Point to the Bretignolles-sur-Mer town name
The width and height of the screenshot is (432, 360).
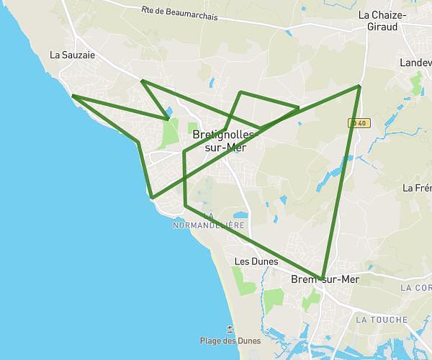[224, 140]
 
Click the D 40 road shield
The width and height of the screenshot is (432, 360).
[358, 123]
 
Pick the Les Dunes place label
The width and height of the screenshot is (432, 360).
[256, 261]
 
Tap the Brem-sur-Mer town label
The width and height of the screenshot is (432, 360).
[324, 279]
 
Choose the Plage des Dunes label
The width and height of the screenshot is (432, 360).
[230, 341]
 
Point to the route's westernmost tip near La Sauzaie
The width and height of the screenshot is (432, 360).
[72, 96]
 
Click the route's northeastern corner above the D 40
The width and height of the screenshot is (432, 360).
[359, 86]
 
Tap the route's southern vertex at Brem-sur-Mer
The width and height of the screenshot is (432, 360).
[324, 276]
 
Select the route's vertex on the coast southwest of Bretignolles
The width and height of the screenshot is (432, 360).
[152, 197]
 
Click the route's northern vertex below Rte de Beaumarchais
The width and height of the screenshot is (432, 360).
[143, 81]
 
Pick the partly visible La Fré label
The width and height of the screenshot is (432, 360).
[417, 188]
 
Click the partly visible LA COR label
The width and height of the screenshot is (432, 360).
[418, 287]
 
